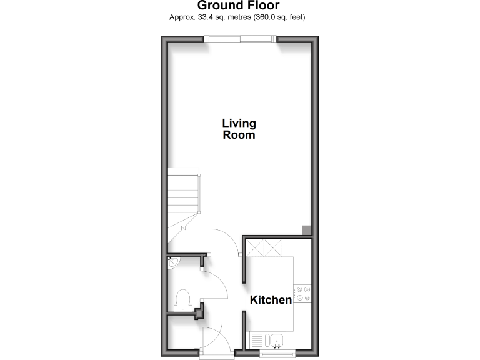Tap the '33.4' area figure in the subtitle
click(205, 17)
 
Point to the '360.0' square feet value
click(264, 17)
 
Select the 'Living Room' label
click(239, 129)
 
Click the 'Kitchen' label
click(271, 300)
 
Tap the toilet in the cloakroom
click(184, 299)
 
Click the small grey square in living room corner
click(306, 230)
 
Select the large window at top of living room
click(240, 39)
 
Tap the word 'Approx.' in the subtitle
click(182, 17)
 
